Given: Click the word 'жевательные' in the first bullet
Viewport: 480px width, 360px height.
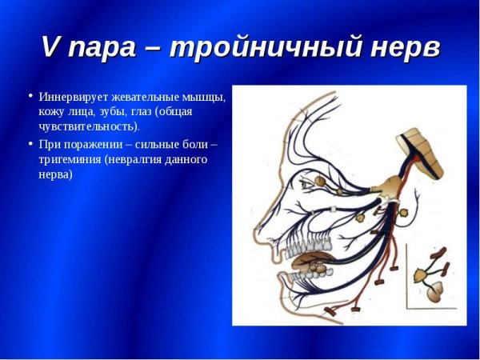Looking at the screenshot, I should pyautogui.click(x=150, y=97).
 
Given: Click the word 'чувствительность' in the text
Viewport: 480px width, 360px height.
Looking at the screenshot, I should pyautogui.click(x=87, y=126).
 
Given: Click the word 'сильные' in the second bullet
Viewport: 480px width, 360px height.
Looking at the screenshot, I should pyautogui.click(x=167, y=145).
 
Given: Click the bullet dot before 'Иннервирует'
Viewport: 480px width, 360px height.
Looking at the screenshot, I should pyautogui.click(x=30, y=96).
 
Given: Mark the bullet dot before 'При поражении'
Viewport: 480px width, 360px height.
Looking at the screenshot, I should pyautogui.click(x=30, y=144).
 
